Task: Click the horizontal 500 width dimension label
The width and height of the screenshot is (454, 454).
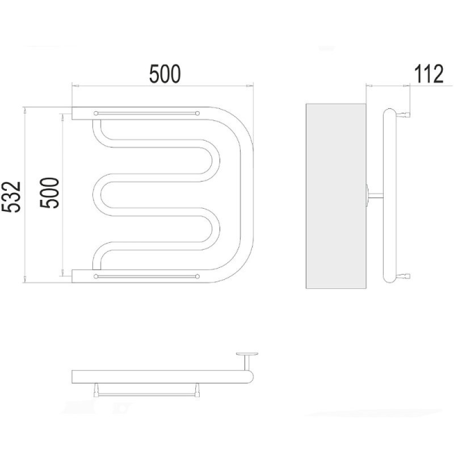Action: click(165, 74)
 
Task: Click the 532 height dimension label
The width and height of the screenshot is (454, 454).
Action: click(11, 197)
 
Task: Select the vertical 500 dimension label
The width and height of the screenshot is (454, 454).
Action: click(49, 193)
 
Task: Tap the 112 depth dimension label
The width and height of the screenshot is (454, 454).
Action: click(428, 74)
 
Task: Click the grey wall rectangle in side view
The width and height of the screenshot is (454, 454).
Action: click(336, 196)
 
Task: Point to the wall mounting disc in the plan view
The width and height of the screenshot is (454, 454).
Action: click(247, 354)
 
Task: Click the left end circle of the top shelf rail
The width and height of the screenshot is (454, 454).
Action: click(96, 113)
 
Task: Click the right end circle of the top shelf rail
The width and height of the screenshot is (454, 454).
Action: click(197, 113)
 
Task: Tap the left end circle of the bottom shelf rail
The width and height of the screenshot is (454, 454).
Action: click(96, 276)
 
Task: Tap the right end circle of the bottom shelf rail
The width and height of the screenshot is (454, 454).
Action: click(197, 276)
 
